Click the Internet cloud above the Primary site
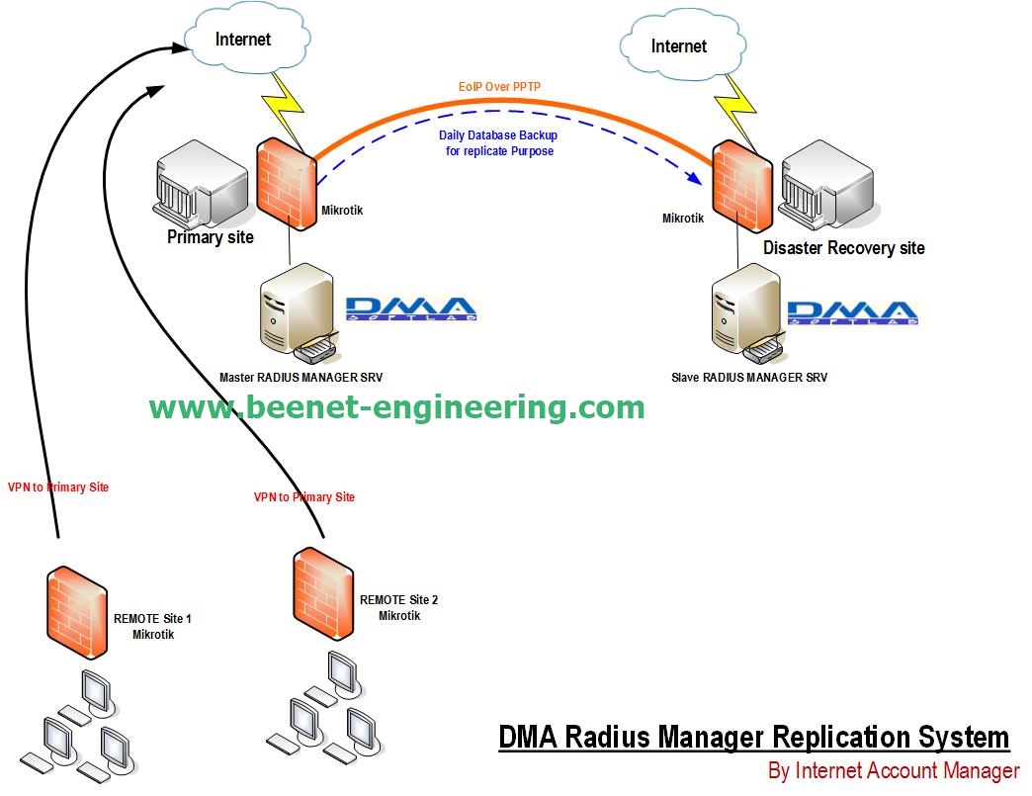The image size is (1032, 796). coord(242,40)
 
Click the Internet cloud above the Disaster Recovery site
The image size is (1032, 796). coord(678,46)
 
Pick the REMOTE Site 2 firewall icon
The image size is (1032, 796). coord(324,592)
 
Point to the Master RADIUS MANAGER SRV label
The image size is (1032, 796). coord(301,377)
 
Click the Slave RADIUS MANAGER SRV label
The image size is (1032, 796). coord(749,377)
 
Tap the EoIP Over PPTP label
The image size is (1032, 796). coord(499,88)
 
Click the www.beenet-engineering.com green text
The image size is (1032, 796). coord(396,407)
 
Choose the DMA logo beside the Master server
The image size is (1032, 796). coord(411,309)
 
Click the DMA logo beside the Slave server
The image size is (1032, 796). coord(852,311)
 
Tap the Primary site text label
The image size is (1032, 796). coord(210,237)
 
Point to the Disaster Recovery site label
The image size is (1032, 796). coord(843,247)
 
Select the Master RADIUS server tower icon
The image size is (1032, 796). coord(293,311)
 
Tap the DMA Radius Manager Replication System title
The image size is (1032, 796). coord(753,738)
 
